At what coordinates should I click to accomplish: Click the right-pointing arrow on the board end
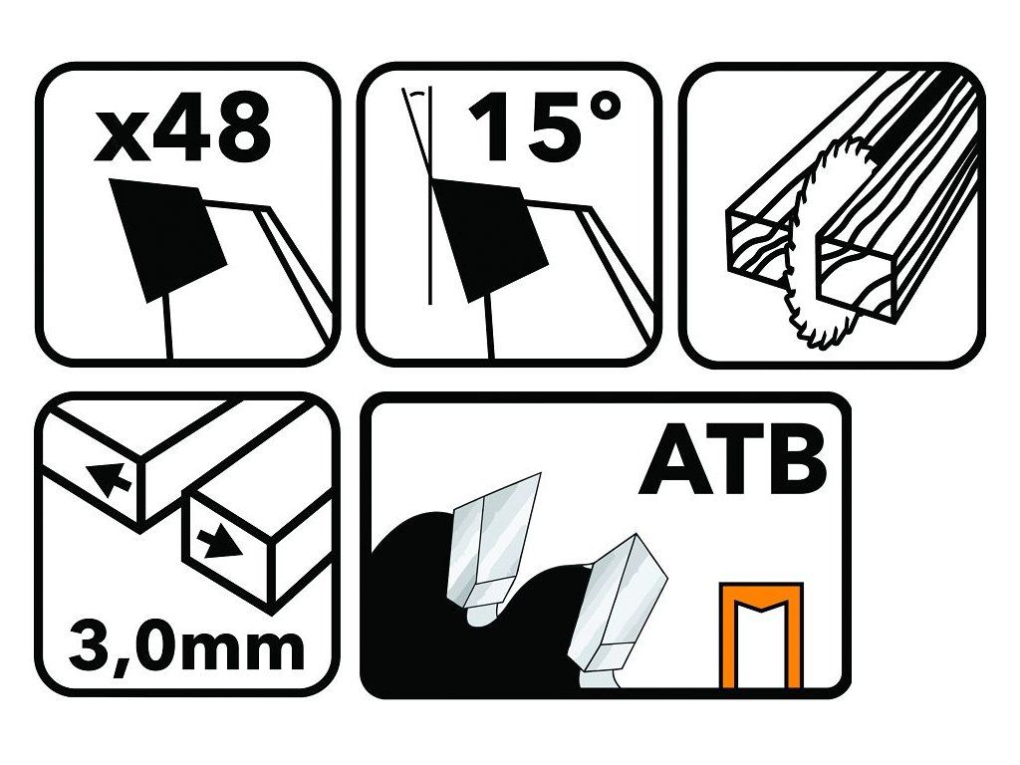tap(218, 542)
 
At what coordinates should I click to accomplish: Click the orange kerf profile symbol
tap(762, 636)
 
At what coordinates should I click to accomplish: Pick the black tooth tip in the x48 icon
tap(167, 240)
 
